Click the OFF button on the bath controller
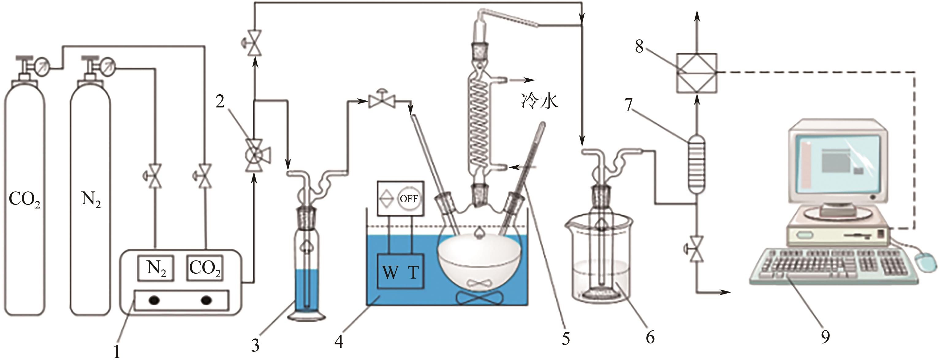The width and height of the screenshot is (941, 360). (x=409, y=199)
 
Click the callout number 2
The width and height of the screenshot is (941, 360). (x=220, y=102)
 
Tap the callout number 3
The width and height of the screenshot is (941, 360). (x=255, y=345)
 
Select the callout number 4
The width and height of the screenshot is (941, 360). (x=339, y=342)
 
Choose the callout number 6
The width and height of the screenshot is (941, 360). (x=650, y=337)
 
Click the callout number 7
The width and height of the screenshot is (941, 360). (x=629, y=105)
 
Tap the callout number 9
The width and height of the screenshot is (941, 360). (x=825, y=337)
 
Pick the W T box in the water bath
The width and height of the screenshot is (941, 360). (x=401, y=271)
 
